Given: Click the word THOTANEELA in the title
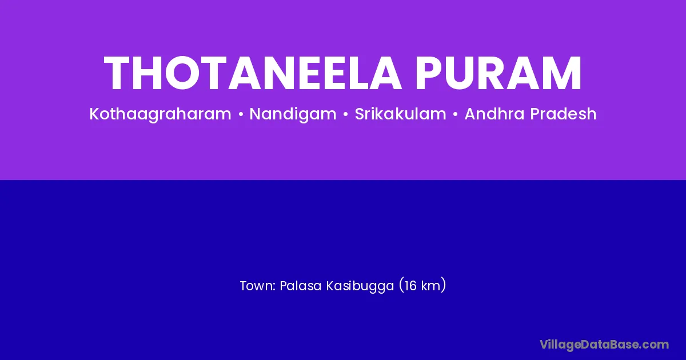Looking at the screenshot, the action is point(253,73).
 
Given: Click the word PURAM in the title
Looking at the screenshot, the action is point(498,73).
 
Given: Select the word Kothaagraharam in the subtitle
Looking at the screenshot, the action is point(160,114).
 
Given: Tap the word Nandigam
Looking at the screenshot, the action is point(293,114).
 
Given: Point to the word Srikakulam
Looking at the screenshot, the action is point(400,114).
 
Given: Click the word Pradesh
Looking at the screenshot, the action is point(563,114).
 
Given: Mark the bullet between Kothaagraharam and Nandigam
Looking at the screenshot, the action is point(241,114).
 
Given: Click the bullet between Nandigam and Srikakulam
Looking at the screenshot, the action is point(345,114).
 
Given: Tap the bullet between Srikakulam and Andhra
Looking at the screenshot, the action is point(456,114).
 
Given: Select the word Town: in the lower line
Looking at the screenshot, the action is point(258,286).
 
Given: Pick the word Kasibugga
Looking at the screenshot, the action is point(360,286).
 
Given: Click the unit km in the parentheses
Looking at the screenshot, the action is point(430,286).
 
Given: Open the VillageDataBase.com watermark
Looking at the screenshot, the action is point(604,345).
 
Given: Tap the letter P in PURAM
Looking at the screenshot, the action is point(428,73).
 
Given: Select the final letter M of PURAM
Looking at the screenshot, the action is point(563,73).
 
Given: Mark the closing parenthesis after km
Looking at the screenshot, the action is point(443,286).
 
